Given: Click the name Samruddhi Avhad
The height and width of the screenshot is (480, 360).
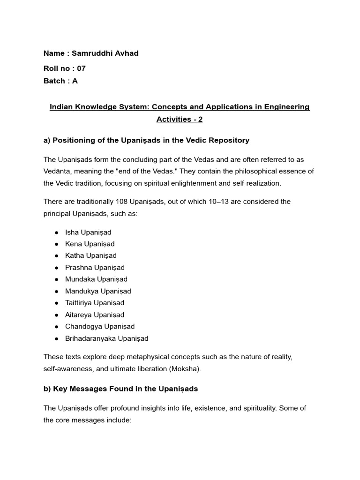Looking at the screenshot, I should tap(105, 53).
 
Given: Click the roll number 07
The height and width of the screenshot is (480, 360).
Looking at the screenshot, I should tap(81, 68).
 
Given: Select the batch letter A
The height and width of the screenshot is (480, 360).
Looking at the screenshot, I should tap(75, 81).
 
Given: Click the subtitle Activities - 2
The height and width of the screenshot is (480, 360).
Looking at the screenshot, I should tap(180, 119).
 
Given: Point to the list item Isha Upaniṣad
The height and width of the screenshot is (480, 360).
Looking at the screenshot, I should tap(88, 232).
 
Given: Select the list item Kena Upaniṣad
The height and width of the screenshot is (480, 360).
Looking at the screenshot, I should tap(90, 244).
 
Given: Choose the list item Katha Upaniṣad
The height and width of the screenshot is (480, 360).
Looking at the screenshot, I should tap(91, 255).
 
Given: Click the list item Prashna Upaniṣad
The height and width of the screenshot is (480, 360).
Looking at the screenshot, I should tap(95, 268).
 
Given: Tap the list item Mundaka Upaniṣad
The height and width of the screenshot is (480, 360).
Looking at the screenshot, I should tap(96, 279).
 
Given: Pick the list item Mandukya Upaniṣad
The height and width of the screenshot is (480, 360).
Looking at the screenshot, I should tap(98, 291).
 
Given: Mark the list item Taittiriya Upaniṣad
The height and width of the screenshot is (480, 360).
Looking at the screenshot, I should tap(95, 303).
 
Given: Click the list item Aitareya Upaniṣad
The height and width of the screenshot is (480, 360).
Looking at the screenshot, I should tap(95, 315).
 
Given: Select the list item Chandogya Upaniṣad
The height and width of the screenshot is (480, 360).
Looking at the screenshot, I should tap(100, 327).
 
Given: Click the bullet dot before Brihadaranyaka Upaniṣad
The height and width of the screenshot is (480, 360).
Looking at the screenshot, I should tap(56, 338).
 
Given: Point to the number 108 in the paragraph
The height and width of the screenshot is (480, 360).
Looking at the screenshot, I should tap(121, 202).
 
